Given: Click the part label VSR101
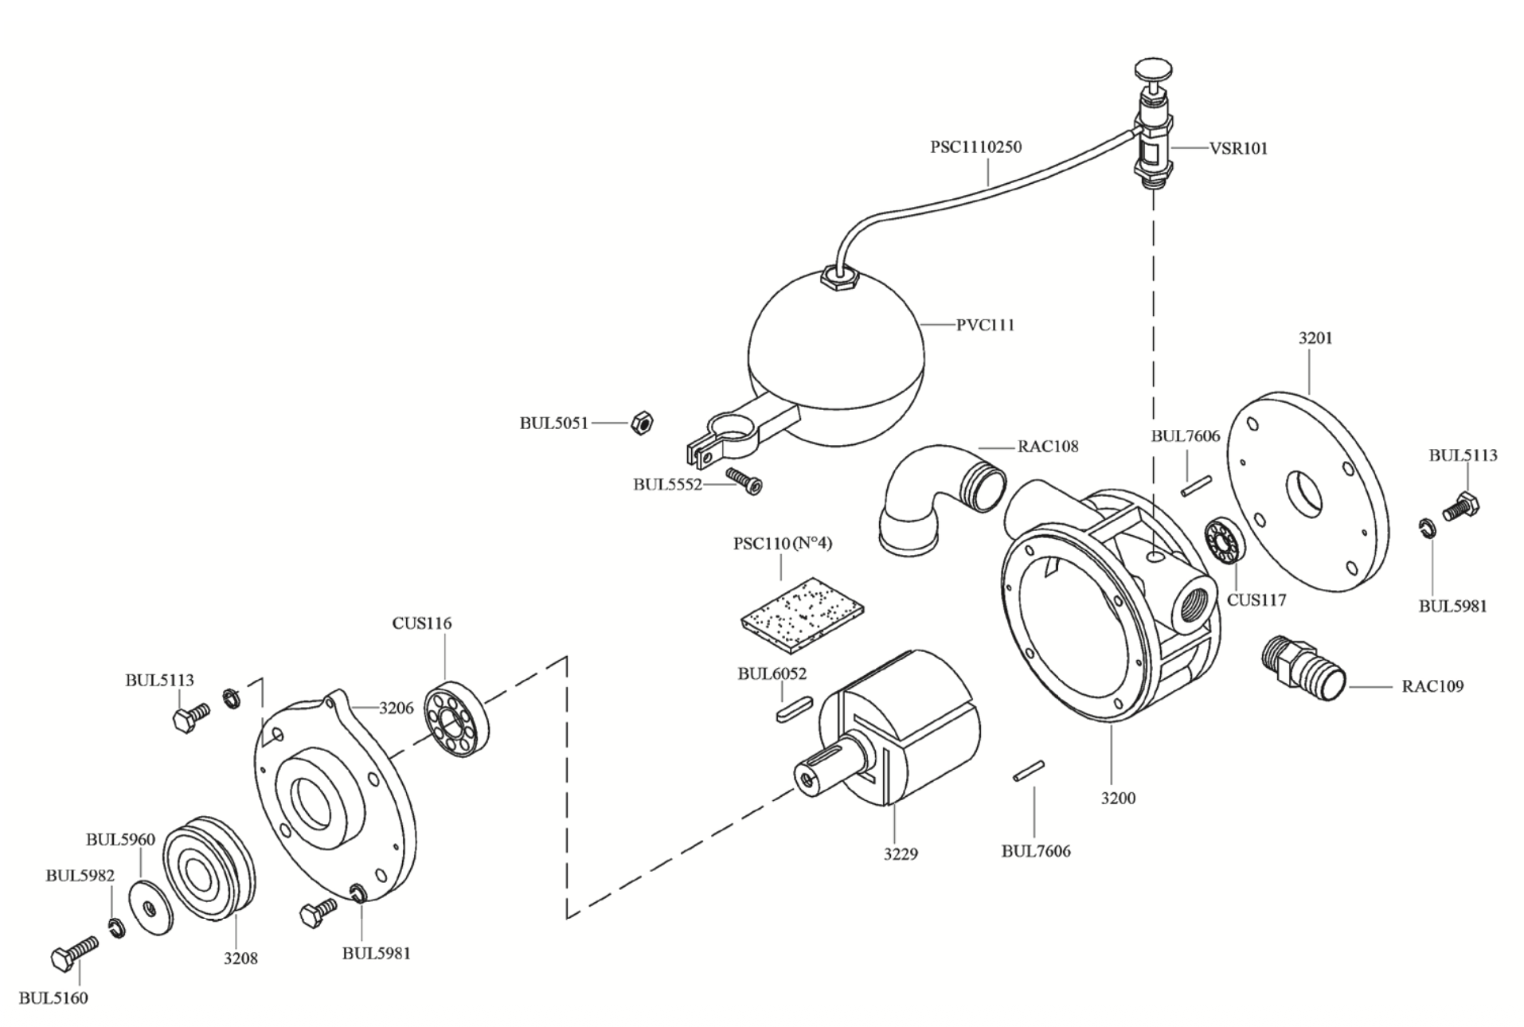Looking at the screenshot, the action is coord(1238,148).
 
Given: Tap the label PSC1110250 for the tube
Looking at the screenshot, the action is coord(975,146).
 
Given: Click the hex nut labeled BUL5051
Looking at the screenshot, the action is coord(642,423).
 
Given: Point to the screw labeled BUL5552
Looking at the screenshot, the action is coord(743,481).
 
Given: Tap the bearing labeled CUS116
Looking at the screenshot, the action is coord(456,719).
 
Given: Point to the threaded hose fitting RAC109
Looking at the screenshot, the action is coord(1303,669).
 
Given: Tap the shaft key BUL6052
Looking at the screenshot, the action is coord(793,708).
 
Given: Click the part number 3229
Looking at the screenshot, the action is coord(900,854).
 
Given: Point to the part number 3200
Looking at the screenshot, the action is coord(1118,798).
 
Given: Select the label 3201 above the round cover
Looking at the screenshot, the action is coord(1315,338).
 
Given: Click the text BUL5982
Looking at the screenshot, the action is coord(80,875).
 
